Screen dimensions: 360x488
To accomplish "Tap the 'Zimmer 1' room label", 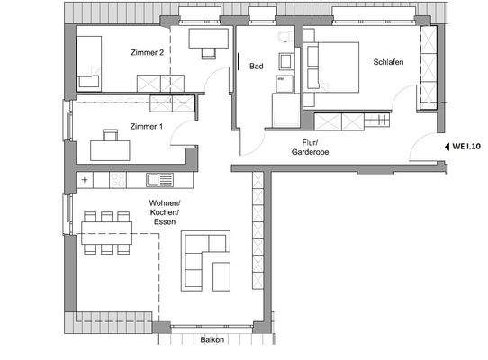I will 146,127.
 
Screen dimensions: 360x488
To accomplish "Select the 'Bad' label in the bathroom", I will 256,66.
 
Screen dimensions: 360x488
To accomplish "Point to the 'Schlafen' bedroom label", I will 387,62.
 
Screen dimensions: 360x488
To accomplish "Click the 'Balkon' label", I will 212,340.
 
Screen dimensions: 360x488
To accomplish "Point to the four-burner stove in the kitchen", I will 119,180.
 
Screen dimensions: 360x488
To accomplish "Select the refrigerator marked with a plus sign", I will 86,180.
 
